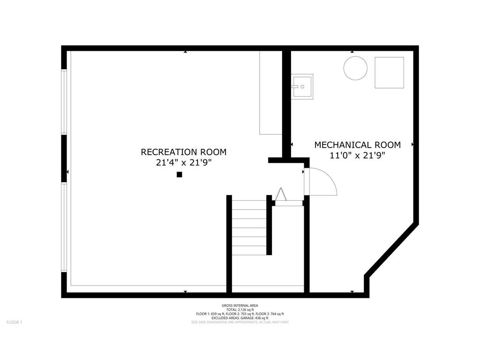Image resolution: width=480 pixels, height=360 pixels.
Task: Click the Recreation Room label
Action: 183,152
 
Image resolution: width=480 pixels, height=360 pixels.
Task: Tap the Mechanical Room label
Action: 357,145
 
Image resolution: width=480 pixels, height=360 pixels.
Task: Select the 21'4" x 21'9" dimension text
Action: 183,163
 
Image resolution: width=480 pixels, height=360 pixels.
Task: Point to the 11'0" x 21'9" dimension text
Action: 357,156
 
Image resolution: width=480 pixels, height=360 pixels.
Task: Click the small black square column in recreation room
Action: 179,175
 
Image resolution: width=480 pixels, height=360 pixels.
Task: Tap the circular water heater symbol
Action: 355,68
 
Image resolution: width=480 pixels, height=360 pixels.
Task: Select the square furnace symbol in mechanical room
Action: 389,73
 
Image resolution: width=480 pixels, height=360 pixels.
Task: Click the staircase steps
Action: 249,227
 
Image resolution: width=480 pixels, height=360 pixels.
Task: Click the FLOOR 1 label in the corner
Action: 14,322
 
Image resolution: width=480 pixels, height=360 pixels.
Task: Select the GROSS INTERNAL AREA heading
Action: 240,305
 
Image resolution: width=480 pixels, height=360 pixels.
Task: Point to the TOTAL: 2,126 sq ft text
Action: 240,309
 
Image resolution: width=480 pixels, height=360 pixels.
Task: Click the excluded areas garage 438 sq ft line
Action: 240,318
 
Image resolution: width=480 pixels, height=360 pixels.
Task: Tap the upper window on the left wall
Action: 64,102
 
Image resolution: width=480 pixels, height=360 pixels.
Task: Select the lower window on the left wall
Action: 64,227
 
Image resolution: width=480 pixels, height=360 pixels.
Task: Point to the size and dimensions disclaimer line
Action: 240,322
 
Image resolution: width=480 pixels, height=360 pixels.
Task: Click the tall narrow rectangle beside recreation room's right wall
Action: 270,92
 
